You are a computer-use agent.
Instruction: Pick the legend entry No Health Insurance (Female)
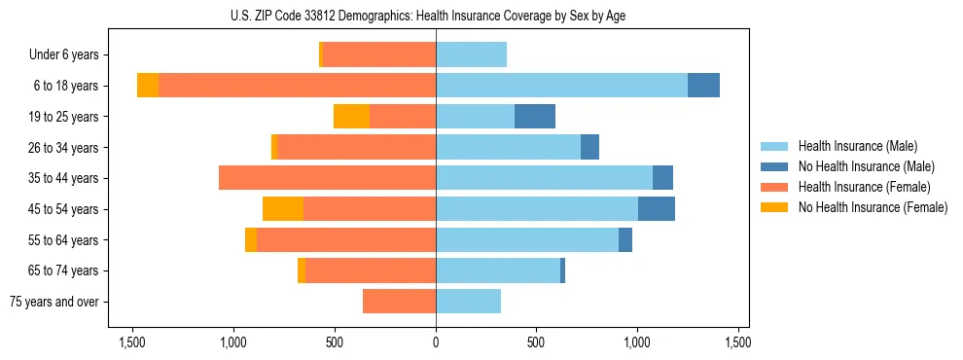click(873, 207)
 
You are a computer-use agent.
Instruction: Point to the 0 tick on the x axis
click(436, 342)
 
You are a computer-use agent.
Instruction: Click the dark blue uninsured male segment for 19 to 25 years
click(535, 117)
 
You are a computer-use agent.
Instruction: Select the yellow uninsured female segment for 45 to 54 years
click(283, 209)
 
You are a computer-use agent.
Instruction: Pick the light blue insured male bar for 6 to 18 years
click(561, 86)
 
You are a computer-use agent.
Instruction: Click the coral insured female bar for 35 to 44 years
click(327, 178)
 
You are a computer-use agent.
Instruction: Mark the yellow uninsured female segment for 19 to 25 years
click(351, 117)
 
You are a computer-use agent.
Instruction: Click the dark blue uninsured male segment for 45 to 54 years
click(657, 209)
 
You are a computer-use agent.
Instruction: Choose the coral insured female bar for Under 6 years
click(379, 55)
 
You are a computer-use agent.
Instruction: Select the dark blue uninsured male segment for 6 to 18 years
click(703, 86)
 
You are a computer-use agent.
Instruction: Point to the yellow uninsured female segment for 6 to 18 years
click(148, 86)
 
